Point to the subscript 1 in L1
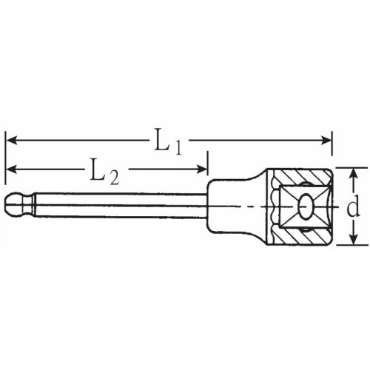178,145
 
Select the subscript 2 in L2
113,177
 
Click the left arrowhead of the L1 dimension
11,139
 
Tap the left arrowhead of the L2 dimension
11,171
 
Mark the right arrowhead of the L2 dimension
203,171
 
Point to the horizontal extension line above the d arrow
348,167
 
